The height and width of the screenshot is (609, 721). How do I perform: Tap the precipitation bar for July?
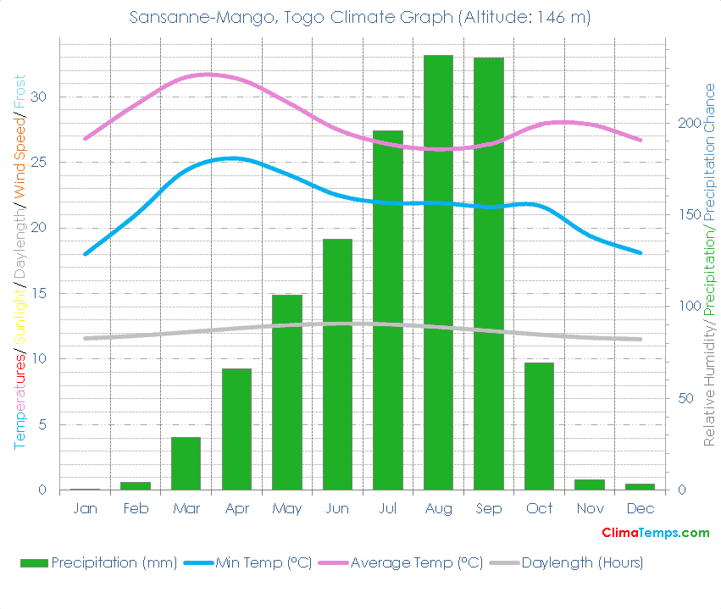pyautogui.click(x=388, y=310)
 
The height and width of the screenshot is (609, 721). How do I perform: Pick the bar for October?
pyautogui.click(x=539, y=426)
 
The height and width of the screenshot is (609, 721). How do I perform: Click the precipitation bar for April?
pyautogui.click(x=236, y=429)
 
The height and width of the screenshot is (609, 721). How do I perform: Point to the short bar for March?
pyautogui.click(x=186, y=463)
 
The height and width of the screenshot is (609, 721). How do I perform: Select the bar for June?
pyautogui.click(x=337, y=364)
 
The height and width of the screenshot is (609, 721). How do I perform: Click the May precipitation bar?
pyautogui.click(x=287, y=392)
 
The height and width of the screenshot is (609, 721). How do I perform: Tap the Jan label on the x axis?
pyautogui.click(x=85, y=508)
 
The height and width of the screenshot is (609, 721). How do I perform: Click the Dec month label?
pyautogui.click(x=641, y=508)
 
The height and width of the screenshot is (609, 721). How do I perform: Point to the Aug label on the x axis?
pyautogui.click(x=438, y=508)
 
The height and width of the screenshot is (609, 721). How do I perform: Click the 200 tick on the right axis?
pyautogui.click(x=688, y=123)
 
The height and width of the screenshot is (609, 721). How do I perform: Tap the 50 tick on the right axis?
pyautogui.click(x=685, y=398)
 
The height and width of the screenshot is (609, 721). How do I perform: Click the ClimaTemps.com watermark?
pyautogui.click(x=655, y=533)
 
